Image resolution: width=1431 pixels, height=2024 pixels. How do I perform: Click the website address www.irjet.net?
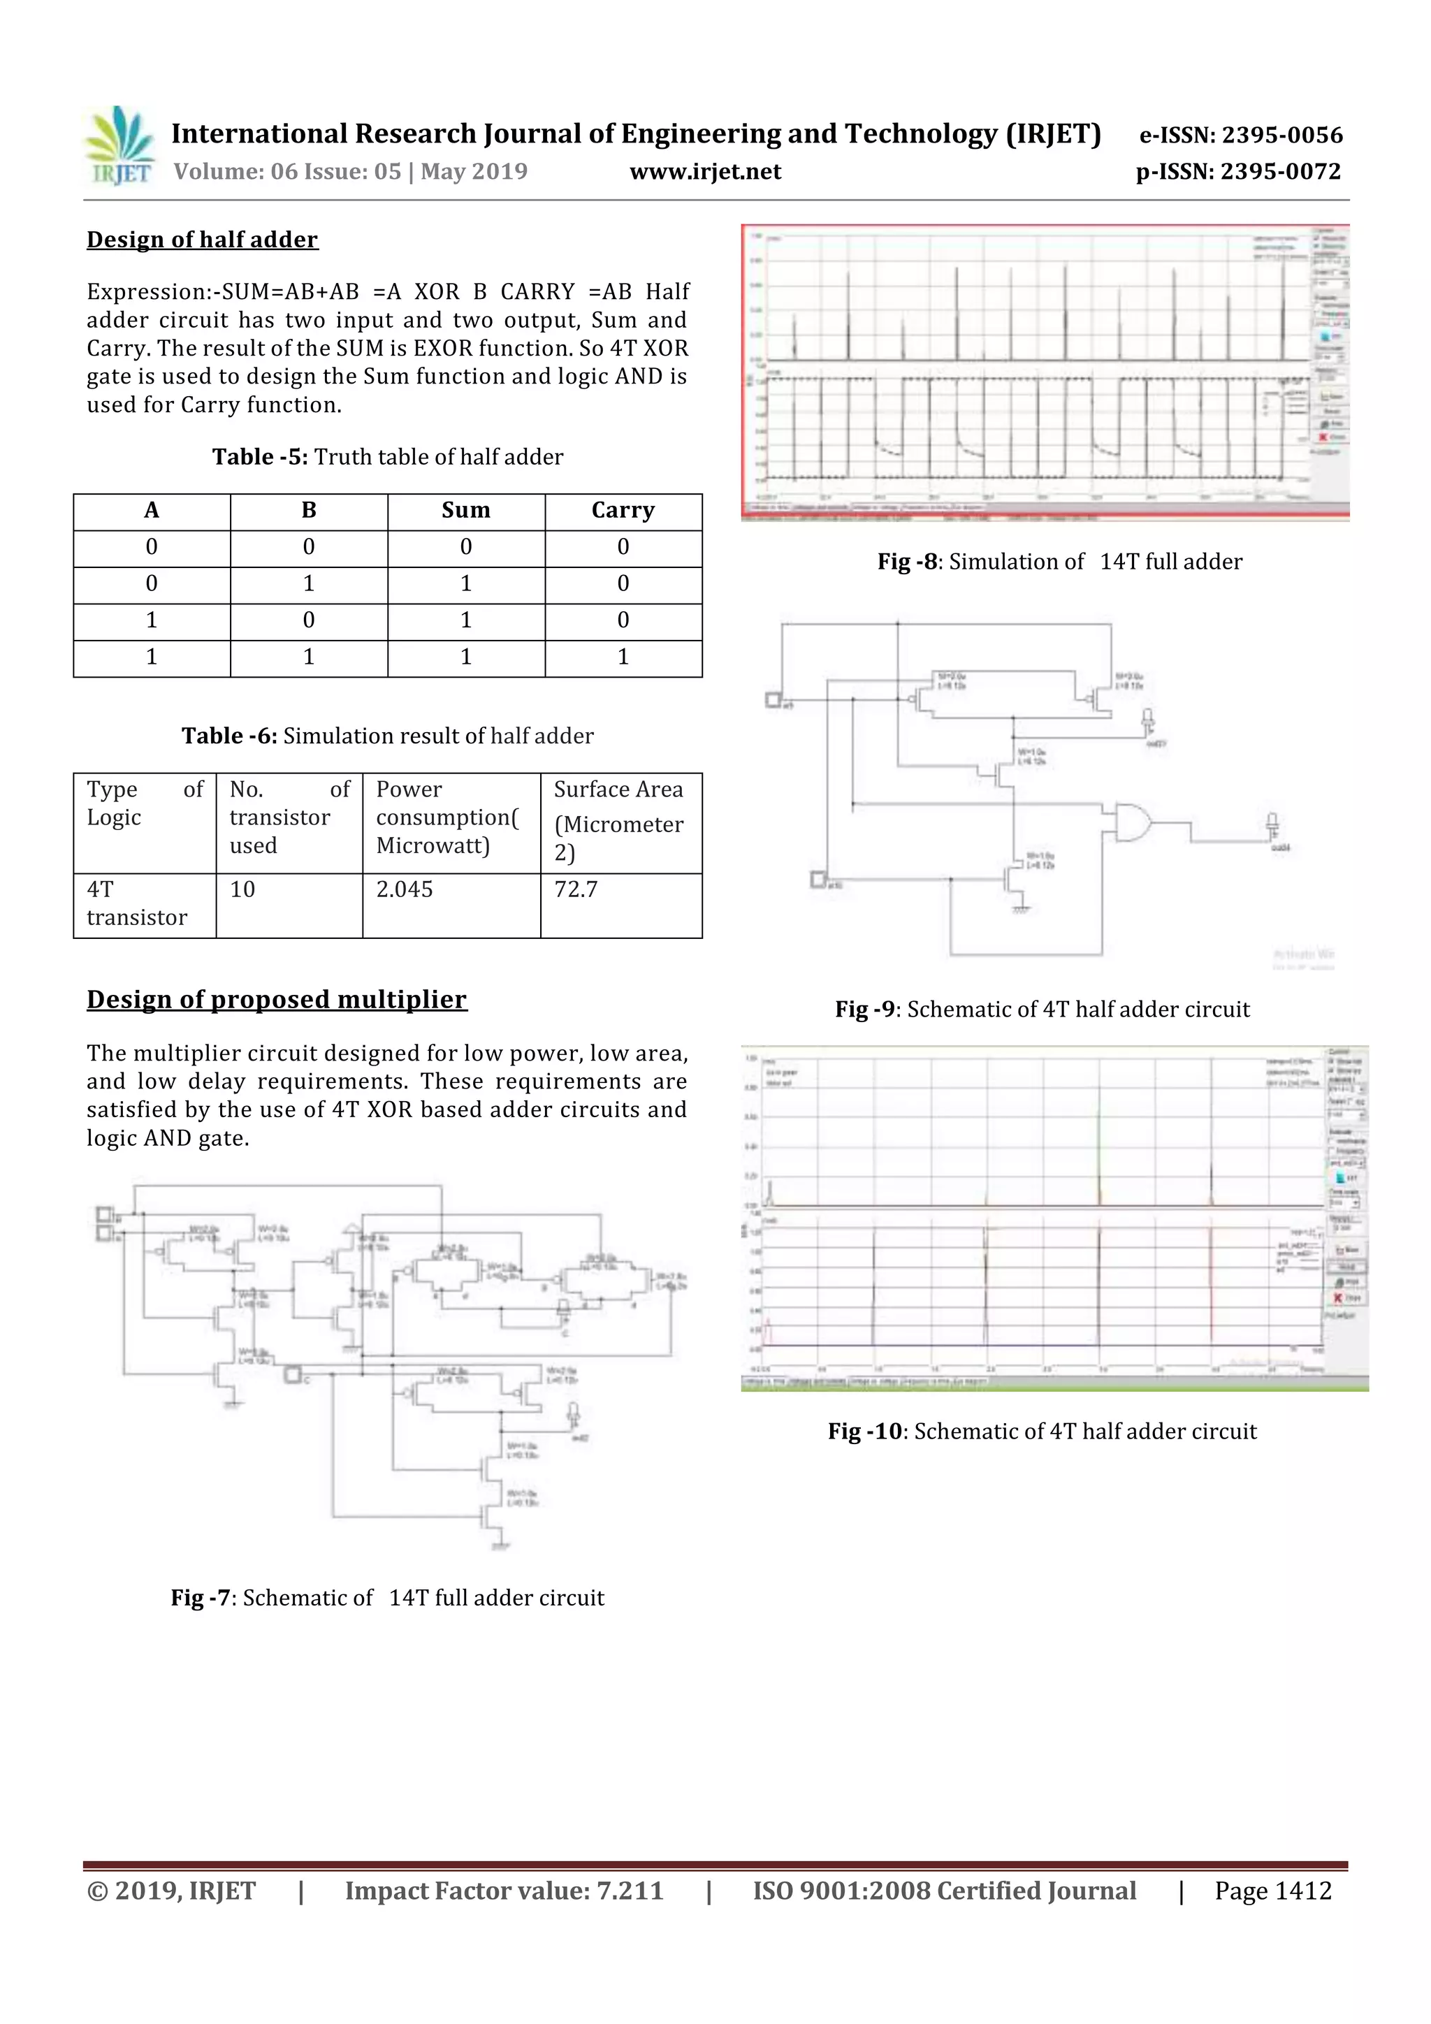click(x=704, y=172)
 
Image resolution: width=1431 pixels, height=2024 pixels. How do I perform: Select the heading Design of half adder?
click(x=202, y=240)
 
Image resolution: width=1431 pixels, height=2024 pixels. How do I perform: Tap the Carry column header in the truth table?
click(x=623, y=511)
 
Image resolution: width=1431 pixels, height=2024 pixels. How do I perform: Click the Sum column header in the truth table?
click(x=465, y=511)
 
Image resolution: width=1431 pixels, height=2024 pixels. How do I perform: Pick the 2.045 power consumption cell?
click(x=405, y=889)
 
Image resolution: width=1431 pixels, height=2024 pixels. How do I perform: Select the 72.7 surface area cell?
click(x=576, y=889)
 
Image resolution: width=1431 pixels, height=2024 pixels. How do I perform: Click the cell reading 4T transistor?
click(x=137, y=903)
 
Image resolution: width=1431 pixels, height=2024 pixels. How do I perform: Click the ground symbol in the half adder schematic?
click(x=1020, y=909)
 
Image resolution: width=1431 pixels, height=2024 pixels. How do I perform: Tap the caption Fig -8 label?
click(x=906, y=562)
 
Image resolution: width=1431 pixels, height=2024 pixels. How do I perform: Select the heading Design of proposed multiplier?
click(x=276, y=1000)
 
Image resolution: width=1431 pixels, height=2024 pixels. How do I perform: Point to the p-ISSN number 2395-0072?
click(x=1280, y=172)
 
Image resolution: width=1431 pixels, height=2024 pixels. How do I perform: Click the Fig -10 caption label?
click(x=865, y=1432)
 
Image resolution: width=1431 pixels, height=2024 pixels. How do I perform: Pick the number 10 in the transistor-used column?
click(x=242, y=889)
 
